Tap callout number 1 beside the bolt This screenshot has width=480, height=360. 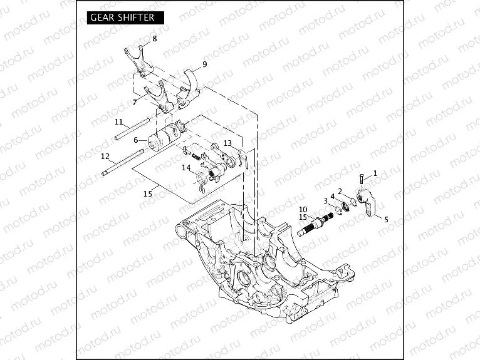(x=375, y=172)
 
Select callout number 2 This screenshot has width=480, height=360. (x=340, y=191)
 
